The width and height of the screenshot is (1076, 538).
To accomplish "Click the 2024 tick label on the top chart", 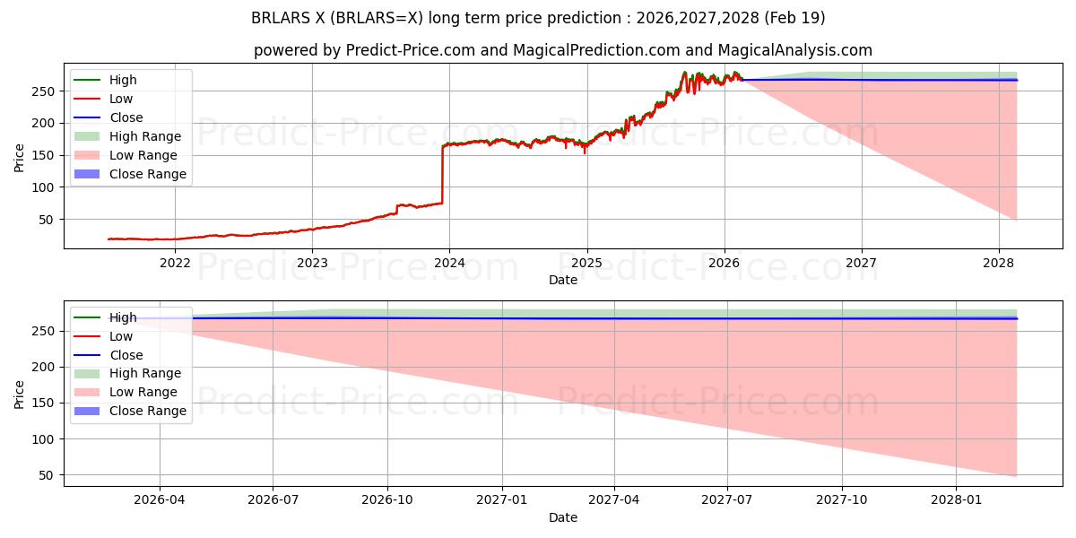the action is (x=449, y=264).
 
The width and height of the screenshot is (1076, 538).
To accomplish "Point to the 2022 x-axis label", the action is (x=175, y=264).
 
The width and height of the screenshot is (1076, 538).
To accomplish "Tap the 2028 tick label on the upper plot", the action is (x=999, y=264).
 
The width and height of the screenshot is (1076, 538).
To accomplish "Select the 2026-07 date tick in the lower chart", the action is (x=273, y=500).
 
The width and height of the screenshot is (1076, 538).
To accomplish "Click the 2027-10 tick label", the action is (x=842, y=500).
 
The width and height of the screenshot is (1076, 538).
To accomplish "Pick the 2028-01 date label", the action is (x=956, y=500).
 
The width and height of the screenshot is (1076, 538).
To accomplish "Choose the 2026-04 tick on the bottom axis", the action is (x=160, y=500).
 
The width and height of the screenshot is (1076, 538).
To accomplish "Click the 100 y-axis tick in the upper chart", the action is (x=43, y=187).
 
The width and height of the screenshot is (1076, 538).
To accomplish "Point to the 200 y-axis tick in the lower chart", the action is (x=43, y=367).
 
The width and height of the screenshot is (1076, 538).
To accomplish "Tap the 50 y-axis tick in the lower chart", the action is (x=47, y=475).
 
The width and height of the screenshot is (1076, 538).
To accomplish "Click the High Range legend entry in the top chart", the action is (x=127, y=136).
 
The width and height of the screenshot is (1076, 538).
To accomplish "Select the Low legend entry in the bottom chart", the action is (x=103, y=336).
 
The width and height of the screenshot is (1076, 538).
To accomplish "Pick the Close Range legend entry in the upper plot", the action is (x=130, y=174).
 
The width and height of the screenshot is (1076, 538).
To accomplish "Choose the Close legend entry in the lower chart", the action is (x=108, y=355).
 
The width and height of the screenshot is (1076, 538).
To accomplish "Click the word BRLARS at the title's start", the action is (x=281, y=18).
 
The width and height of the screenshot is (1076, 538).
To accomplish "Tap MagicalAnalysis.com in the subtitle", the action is (x=795, y=50).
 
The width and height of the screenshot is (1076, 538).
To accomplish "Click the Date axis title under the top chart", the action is (x=563, y=280).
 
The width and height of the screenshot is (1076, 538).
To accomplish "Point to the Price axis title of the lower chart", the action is (x=19, y=395).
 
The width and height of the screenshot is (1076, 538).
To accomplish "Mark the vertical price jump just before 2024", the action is (x=442, y=174).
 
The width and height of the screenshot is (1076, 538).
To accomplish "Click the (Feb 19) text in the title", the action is (x=794, y=18).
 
